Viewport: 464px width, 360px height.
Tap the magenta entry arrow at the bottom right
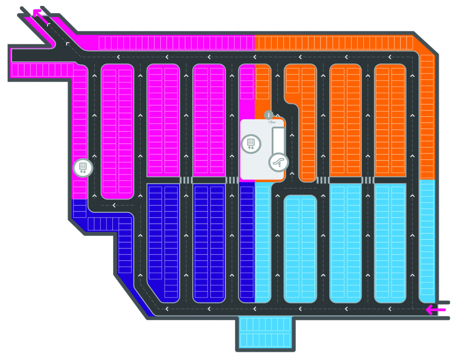[435, 310]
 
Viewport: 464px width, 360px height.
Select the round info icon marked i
[268, 115]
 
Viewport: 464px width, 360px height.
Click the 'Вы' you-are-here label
[272, 122]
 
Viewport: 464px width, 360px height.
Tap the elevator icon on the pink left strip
[83, 168]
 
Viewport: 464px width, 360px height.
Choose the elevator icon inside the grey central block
[251, 144]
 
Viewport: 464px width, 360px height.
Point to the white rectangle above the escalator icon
[277, 140]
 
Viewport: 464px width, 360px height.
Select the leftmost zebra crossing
[186, 180]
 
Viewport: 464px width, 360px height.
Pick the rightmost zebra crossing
[367, 180]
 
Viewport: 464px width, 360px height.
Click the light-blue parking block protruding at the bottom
[265, 332]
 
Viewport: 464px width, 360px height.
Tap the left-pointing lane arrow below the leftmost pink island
[114, 205]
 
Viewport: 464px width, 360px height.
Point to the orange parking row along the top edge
[333, 42]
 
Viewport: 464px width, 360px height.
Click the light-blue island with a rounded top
[300, 249]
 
